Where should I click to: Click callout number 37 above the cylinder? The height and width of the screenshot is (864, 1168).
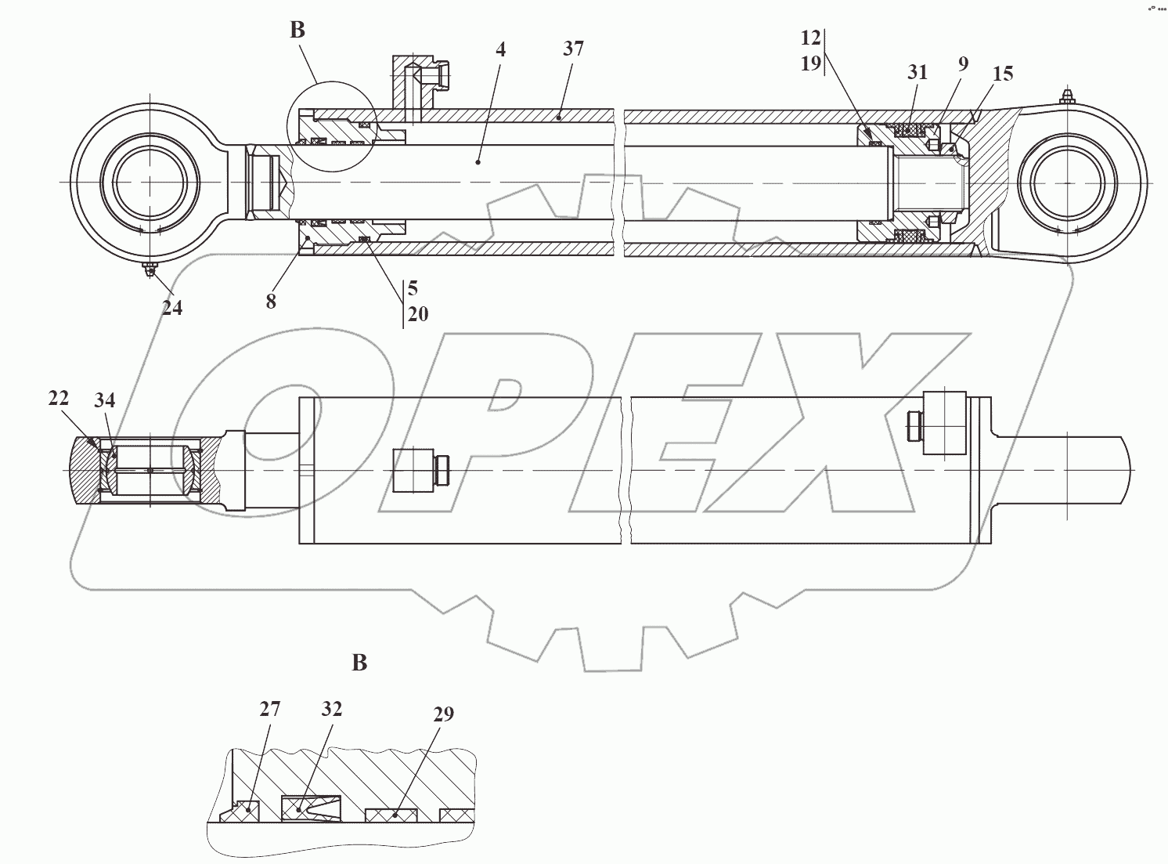click(573, 49)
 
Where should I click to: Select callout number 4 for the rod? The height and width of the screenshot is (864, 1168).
click(501, 49)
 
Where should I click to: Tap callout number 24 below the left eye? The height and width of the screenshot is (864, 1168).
click(172, 308)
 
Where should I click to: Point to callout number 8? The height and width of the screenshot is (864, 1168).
click(271, 302)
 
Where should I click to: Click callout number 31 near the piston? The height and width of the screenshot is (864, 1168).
click(917, 73)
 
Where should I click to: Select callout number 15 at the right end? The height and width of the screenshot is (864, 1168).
click(1003, 74)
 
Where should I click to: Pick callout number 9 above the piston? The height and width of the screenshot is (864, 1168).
click(963, 64)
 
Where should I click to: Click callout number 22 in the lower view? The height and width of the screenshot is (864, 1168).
click(59, 398)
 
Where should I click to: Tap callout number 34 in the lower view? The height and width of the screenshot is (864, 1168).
click(104, 400)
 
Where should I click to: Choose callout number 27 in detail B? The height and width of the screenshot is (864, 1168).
click(270, 710)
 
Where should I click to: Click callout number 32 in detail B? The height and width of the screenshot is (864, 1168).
click(332, 710)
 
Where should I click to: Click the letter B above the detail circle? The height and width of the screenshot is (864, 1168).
click(297, 31)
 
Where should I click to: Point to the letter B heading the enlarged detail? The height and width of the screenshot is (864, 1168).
click(359, 663)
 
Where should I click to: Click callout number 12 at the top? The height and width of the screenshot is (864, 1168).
click(810, 38)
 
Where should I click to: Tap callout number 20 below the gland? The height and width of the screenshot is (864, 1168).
click(418, 314)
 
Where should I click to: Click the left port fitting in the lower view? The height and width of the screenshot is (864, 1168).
click(419, 470)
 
